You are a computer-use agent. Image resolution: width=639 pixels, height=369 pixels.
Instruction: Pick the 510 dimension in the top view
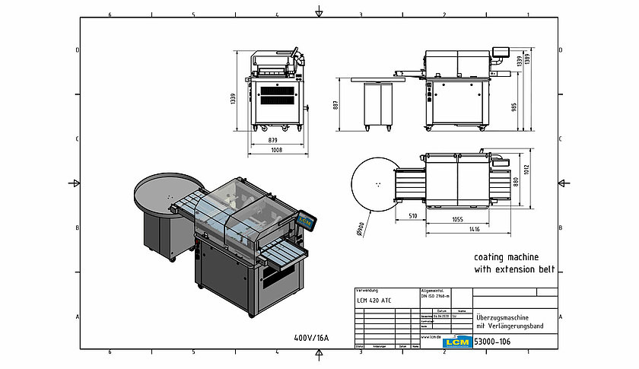[412, 215]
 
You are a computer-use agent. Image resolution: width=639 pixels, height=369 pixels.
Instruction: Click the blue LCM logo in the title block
[456, 342]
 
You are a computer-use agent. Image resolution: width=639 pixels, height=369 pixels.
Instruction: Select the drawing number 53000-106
[492, 342]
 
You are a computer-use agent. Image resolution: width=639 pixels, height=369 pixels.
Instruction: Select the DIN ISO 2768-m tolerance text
[437, 297]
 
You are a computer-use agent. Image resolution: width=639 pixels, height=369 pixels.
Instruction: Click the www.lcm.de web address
[433, 336]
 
